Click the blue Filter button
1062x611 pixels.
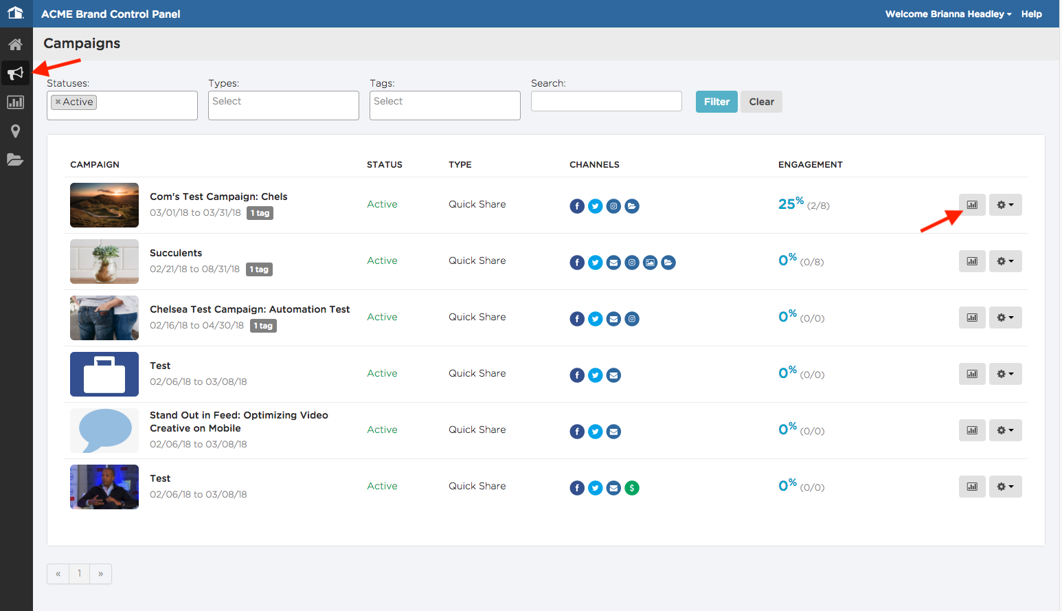coord(716,102)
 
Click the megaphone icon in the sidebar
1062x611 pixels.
coord(15,73)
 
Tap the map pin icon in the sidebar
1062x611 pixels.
coord(15,131)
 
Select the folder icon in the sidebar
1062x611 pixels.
coord(15,160)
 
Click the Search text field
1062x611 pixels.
coord(607,101)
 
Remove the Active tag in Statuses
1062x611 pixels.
coord(58,102)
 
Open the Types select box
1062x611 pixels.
coord(284,105)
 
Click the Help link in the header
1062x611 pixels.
coord(1031,14)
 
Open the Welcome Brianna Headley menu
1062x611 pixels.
coord(948,14)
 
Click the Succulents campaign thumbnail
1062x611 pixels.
coord(104,261)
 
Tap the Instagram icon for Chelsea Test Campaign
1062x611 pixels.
coord(631,319)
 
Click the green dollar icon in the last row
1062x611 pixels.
coord(631,488)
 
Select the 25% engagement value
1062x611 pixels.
coord(791,203)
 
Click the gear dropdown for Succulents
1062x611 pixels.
coord(1005,261)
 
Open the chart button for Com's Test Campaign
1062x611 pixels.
coord(972,205)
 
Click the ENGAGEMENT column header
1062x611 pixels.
coord(811,165)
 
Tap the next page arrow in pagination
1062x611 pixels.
coord(100,573)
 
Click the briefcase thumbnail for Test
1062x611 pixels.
coord(104,375)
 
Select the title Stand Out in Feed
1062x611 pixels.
coord(239,422)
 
